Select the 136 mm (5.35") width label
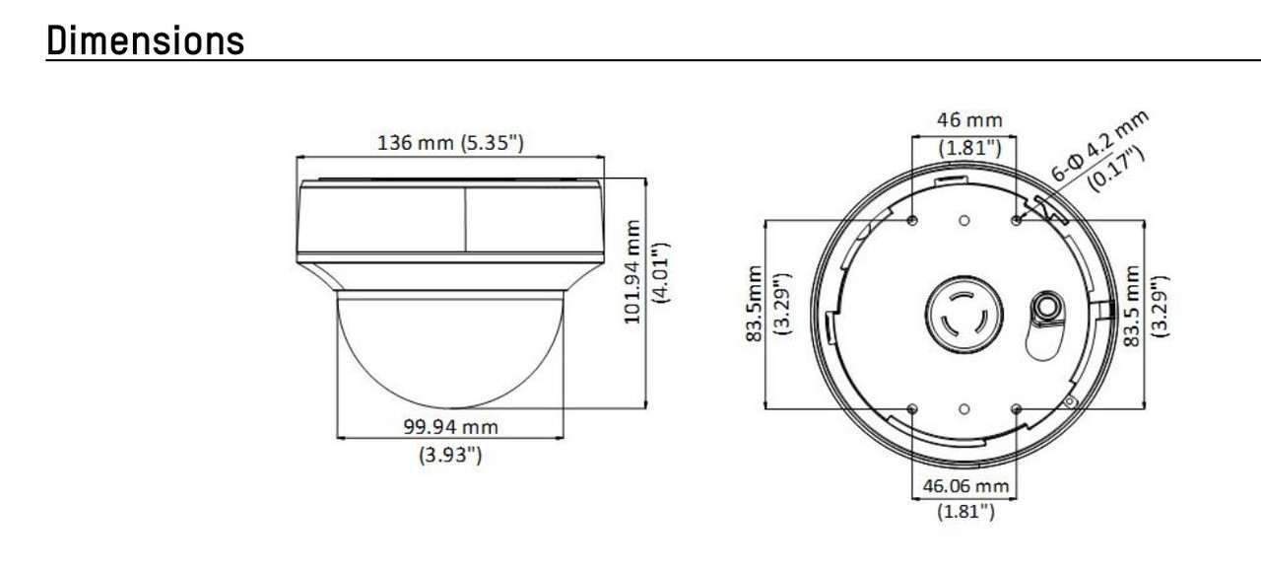pyautogui.click(x=451, y=142)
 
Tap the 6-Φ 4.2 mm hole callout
pyautogui.click(x=1099, y=142)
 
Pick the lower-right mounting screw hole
pyautogui.click(x=1016, y=407)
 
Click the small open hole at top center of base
pyautogui.click(x=963, y=220)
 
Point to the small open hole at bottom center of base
pyautogui.click(x=963, y=407)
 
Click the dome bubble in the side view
pyautogui.click(x=450, y=350)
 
